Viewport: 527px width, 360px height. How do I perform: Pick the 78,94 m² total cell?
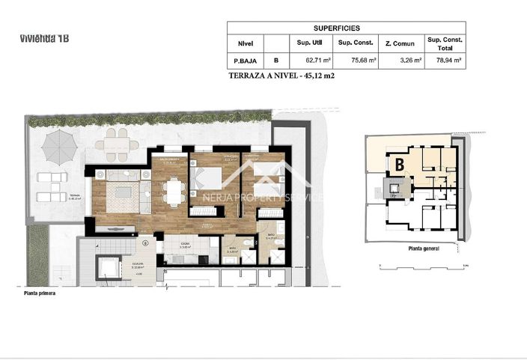[445, 60]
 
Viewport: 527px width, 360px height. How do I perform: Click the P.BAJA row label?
[246, 60]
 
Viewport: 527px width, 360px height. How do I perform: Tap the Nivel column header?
[246, 43]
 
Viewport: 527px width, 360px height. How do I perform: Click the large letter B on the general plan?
[400, 162]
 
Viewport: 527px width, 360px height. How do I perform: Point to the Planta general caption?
[423, 248]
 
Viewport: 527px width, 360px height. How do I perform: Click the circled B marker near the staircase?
[144, 242]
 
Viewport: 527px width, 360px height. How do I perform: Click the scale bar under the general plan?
[423, 263]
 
